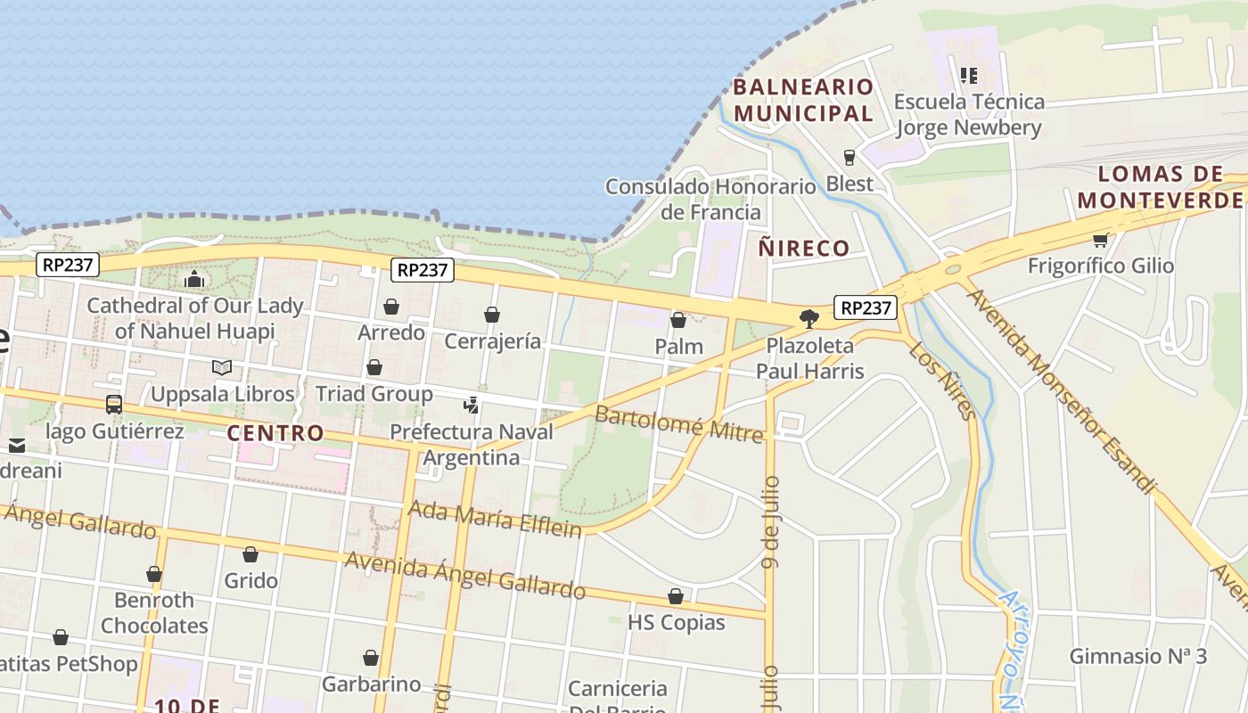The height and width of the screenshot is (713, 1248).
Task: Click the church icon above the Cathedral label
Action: tap(194, 280)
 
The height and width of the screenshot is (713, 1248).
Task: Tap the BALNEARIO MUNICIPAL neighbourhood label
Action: tap(803, 100)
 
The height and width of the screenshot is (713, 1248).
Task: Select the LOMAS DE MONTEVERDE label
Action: tap(1160, 187)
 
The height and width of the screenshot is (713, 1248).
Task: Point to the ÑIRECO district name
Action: tap(804, 248)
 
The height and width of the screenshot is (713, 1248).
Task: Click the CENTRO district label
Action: tap(275, 433)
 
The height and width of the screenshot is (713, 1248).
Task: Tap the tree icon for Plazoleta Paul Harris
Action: tap(809, 318)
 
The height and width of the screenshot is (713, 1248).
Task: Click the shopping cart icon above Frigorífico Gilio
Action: tap(1100, 239)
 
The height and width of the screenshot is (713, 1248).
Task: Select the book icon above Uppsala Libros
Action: tap(222, 367)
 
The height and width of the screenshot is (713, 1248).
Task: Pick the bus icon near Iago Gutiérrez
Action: tap(114, 405)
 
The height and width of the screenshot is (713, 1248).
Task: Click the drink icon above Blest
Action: tap(849, 158)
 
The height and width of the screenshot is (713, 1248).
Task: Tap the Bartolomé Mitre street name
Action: tap(679, 422)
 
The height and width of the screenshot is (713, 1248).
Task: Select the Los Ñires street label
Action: tap(942, 380)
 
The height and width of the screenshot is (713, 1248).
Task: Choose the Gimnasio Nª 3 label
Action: tap(1138, 657)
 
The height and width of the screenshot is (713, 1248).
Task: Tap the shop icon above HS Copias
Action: tap(676, 596)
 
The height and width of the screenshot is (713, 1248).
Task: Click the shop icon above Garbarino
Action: tap(371, 659)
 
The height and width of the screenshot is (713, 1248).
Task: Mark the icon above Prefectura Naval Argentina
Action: tap(472, 406)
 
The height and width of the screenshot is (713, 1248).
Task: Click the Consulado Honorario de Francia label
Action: tap(710, 199)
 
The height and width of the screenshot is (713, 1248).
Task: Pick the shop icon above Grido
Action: tap(250, 554)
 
